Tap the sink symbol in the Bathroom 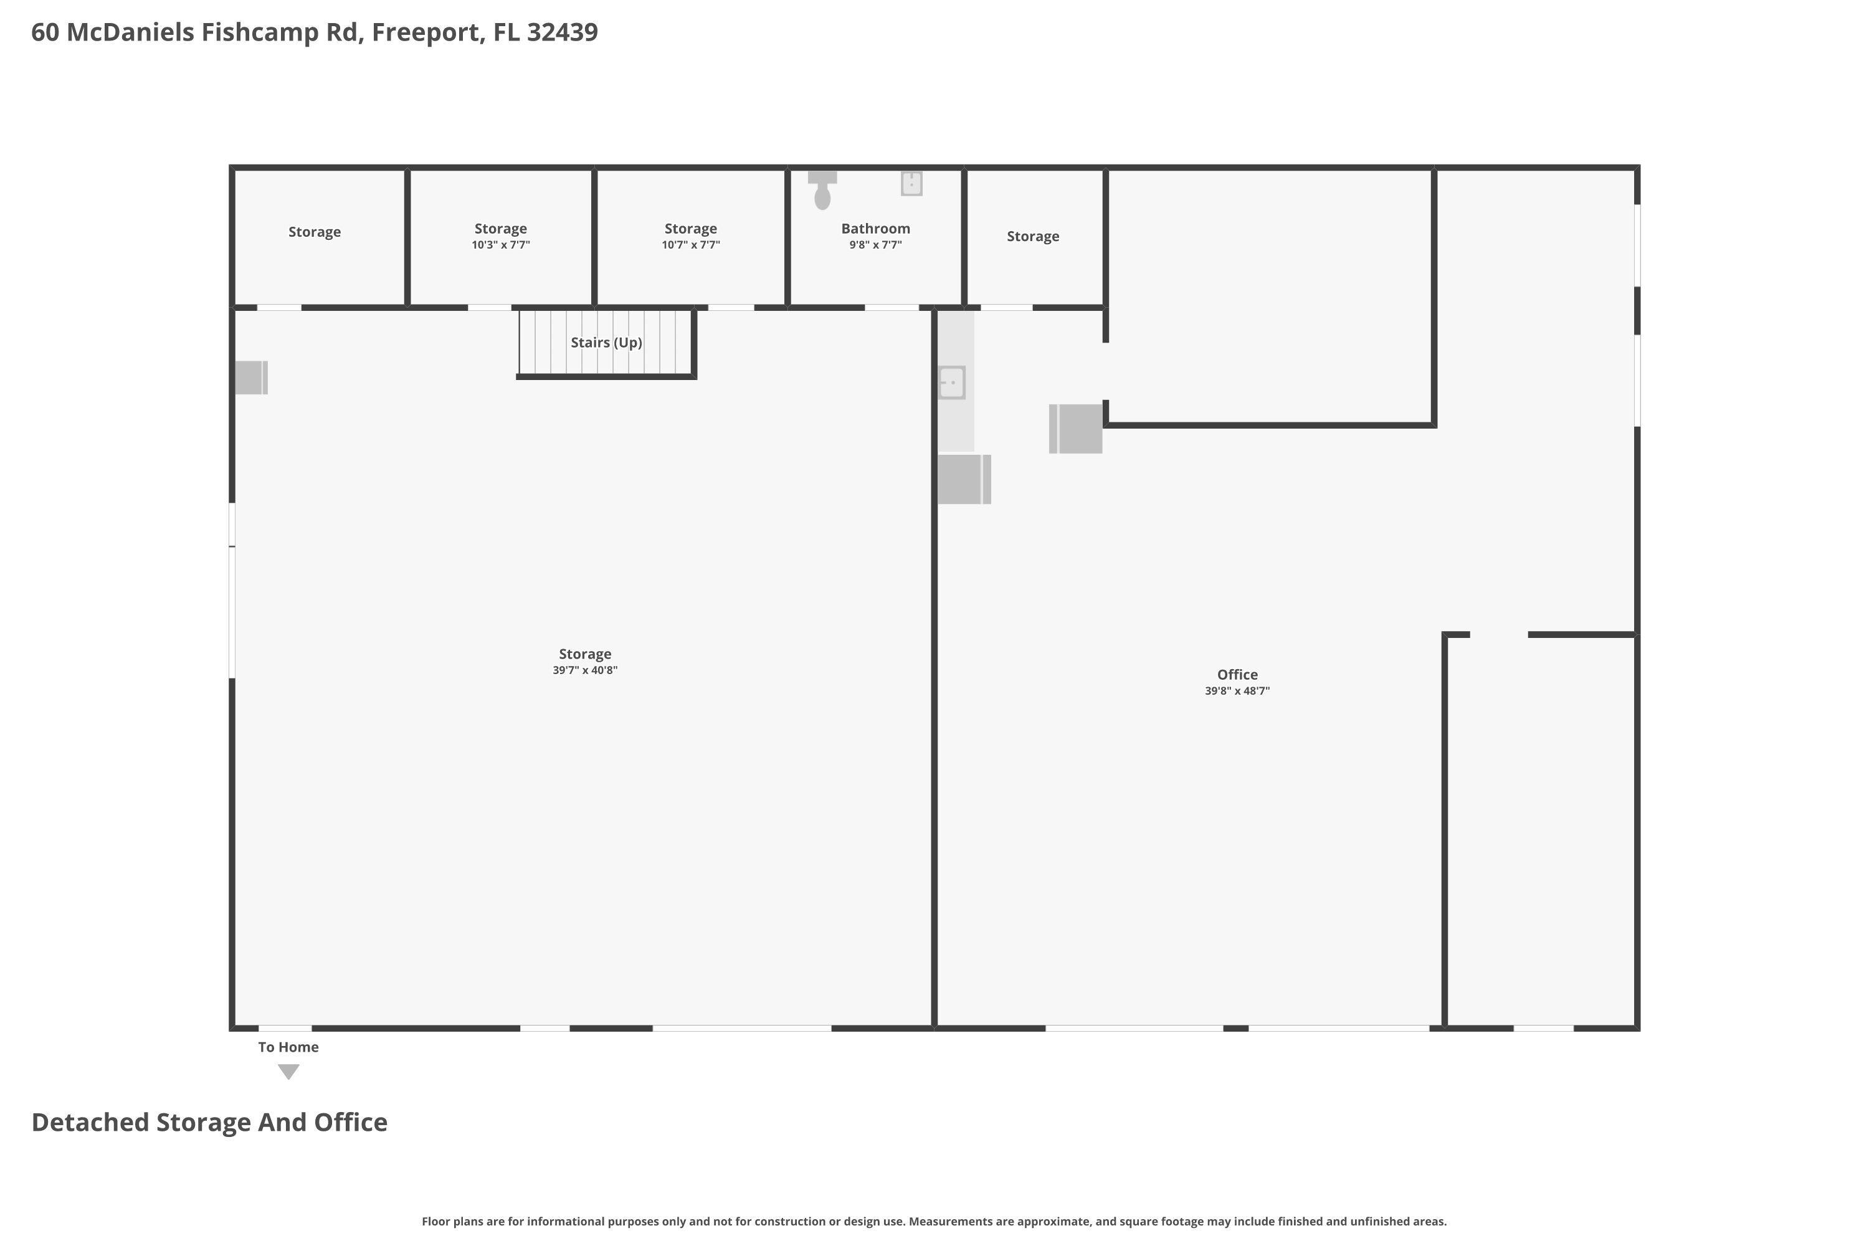pos(911,184)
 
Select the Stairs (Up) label pos(606,343)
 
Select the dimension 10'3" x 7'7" pos(501,245)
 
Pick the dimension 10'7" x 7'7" pos(690,245)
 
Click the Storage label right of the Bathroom pos(1032,237)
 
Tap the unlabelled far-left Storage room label pos(314,232)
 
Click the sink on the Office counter pos(951,383)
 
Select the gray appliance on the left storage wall pos(251,378)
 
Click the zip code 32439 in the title pos(562,32)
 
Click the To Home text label pos(288,1047)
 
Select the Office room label pos(1237,675)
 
